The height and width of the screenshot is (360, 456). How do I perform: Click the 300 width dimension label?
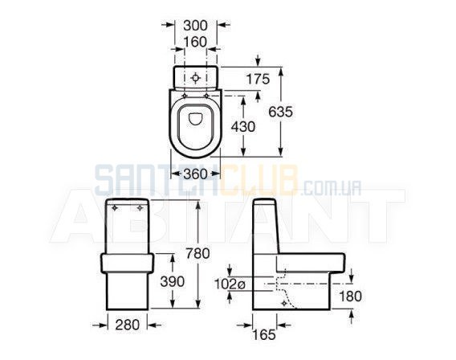(x=195, y=26)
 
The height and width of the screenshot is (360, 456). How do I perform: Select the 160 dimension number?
(x=195, y=43)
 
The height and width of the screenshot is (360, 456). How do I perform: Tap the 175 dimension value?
(x=258, y=79)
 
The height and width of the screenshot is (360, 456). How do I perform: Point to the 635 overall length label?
(x=280, y=112)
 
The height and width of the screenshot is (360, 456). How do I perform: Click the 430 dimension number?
(x=243, y=127)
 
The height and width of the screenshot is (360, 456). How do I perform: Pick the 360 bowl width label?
(x=196, y=174)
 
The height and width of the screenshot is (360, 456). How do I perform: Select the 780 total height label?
(x=197, y=253)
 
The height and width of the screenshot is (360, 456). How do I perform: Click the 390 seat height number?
(x=173, y=281)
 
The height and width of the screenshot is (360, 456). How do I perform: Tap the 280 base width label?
(x=128, y=325)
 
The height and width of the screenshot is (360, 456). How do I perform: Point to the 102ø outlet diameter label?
(x=230, y=284)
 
